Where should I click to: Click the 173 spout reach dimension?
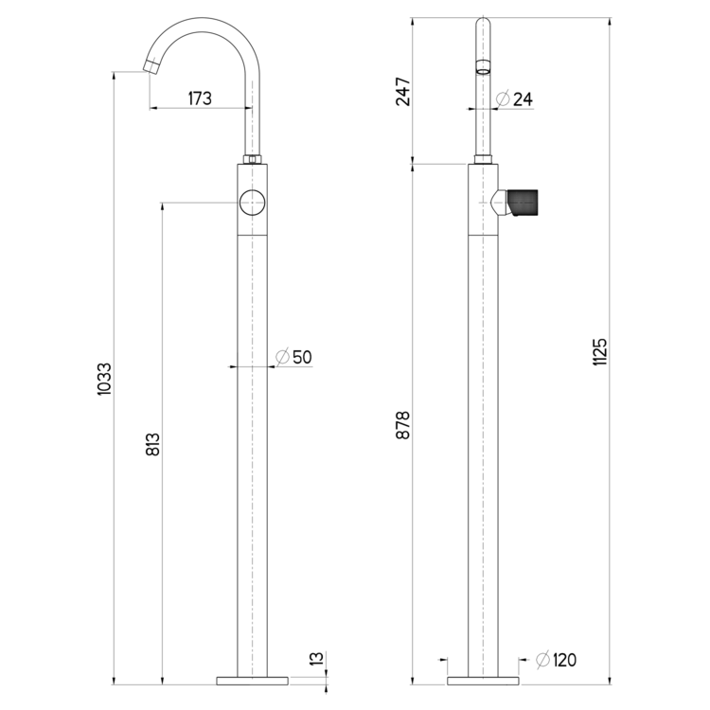pyautogui.click(x=200, y=98)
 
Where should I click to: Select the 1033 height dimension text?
pyautogui.click(x=104, y=379)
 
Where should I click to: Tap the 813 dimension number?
pyautogui.click(x=153, y=444)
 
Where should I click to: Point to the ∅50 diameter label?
pyautogui.click(x=293, y=357)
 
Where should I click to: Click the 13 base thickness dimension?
pyautogui.click(x=317, y=658)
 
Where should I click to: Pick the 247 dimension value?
pyautogui.click(x=402, y=92)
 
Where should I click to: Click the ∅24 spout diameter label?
pyautogui.click(x=514, y=98)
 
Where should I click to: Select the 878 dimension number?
pyautogui.click(x=402, y=425)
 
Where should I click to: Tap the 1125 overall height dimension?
pyautogui.click(x=599, y=351)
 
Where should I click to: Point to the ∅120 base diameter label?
pyautogui.click(x=556, y=660)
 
